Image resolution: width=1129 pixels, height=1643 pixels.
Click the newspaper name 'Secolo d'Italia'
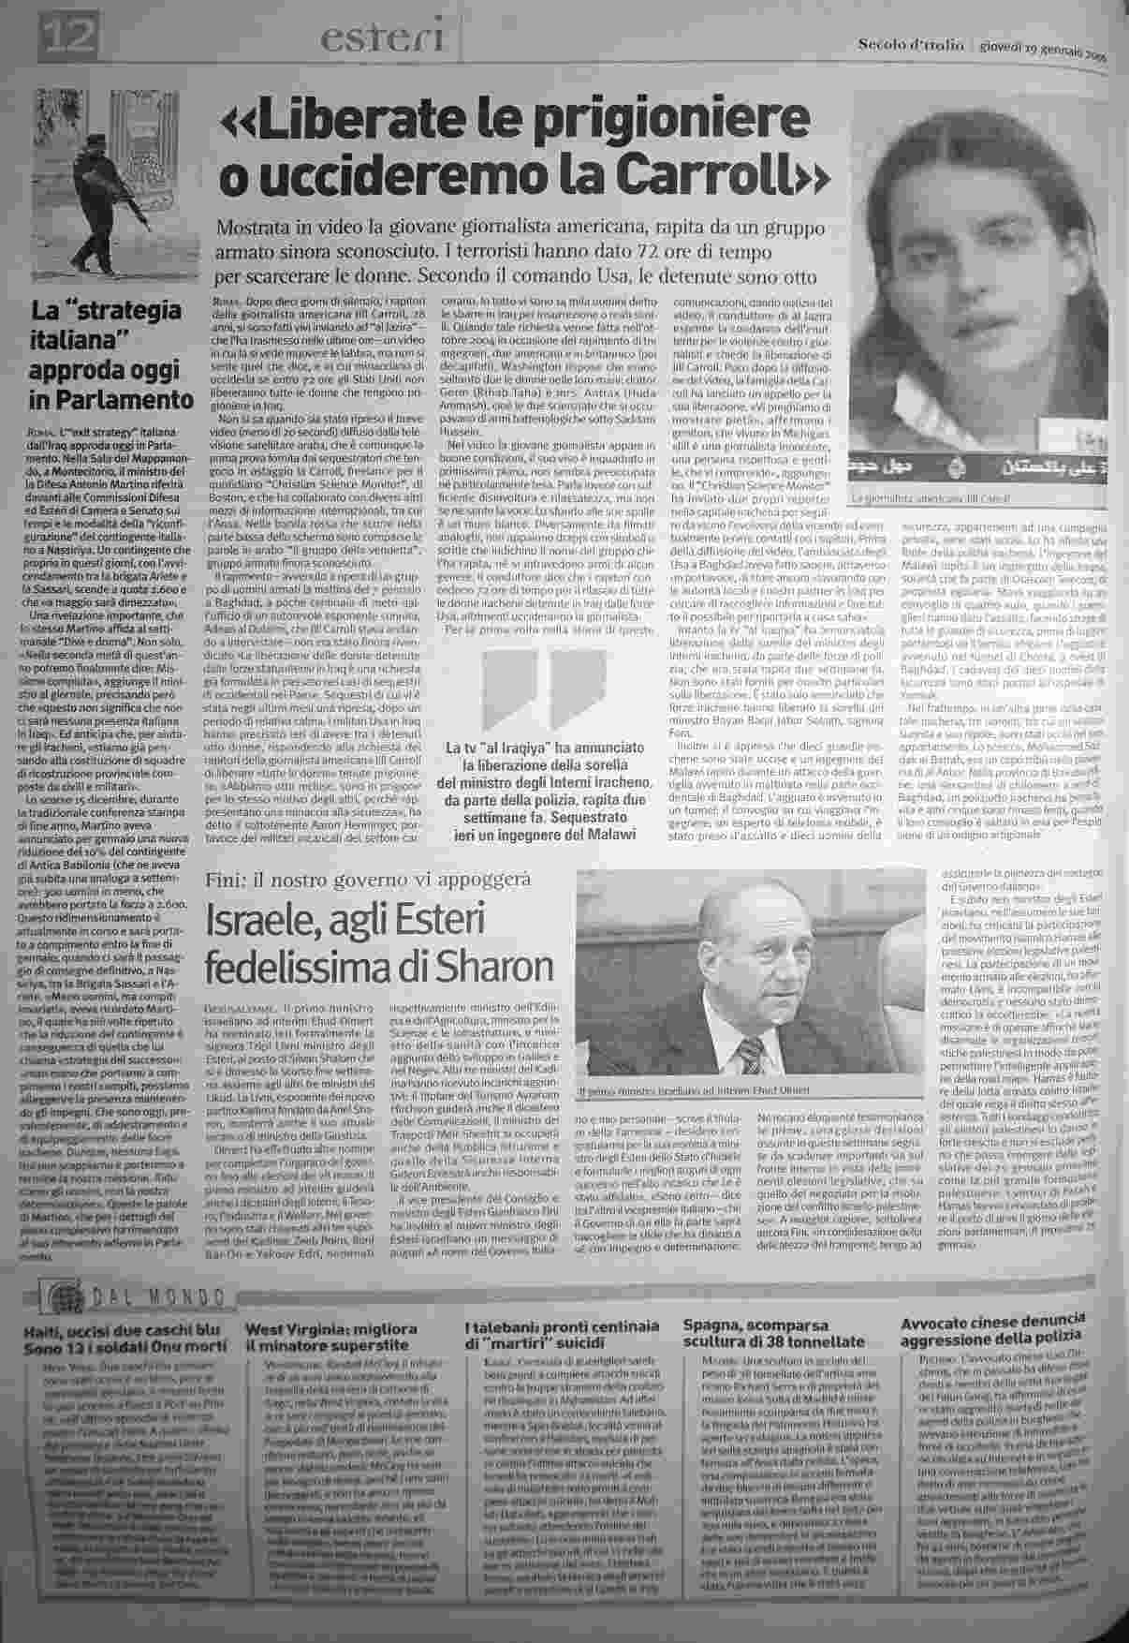coord(903,45)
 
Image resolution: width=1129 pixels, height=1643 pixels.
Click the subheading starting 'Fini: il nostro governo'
coord(369,879)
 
